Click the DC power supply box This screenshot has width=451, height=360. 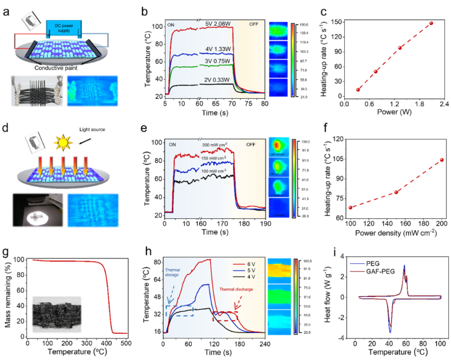coord(63,27)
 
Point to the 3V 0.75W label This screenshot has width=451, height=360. coord(218,61)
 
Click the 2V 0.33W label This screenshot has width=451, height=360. coord(218,80)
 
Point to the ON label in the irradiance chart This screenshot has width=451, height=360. coord(172,144)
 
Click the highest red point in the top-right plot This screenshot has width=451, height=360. coord(432,23)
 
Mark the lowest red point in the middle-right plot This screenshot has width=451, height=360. coord(350,208)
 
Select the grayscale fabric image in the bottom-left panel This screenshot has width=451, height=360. coord(57,314)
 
